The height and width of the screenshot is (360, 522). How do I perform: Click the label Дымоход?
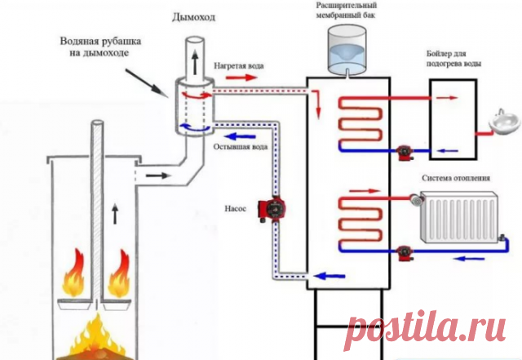(x=189, y=17)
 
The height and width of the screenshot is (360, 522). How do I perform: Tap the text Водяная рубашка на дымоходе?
(x=96, y=47)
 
